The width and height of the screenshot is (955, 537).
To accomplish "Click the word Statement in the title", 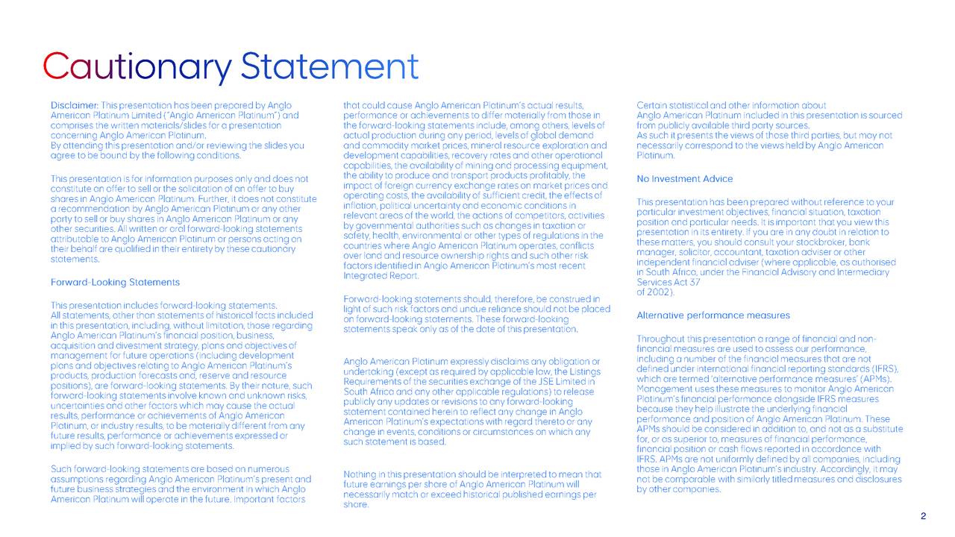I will (x=331, y=68).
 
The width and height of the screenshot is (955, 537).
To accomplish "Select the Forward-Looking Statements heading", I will (x=115, y=283).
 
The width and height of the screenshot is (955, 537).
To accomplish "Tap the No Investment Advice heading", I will (x=684, y=179).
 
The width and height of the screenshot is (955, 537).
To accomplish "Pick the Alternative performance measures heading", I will (x=713, y=315).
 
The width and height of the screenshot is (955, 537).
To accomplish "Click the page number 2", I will (x=923, y=517).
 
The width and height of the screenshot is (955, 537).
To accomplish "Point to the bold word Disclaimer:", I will (x=74, y=106).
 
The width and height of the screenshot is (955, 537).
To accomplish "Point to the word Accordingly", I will (x=848, y=470).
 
